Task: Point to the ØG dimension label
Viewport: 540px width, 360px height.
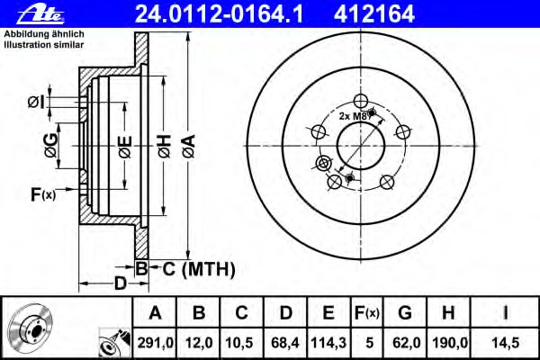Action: coord(53,148)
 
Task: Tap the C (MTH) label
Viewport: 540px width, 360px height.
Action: coord(199,267)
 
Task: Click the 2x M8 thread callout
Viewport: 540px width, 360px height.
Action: coord(355,117)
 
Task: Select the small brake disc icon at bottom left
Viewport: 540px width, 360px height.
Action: coord(31,327)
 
